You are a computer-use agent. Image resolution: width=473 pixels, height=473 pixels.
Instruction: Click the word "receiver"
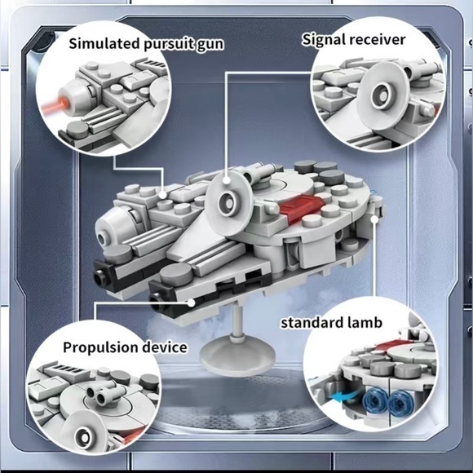click(378, 38)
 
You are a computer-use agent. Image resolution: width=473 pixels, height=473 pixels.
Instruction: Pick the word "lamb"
click(364, 322)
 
